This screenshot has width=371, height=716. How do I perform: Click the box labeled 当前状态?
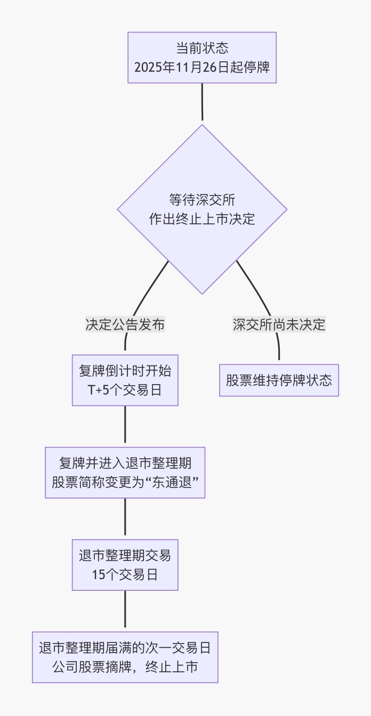(202, 48)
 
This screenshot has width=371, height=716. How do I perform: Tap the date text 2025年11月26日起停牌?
(202, 68)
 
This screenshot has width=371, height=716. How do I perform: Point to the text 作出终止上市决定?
(202, 219)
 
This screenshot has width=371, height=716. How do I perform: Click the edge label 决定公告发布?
(125, 324)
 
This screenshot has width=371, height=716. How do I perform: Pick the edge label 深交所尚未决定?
(279, 324)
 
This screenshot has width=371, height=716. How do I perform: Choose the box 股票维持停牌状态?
(279, 380)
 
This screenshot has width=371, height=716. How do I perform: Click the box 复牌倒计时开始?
(125, 371)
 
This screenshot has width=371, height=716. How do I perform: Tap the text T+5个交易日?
(125, 390)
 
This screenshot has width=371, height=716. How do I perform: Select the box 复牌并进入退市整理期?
(125, 463)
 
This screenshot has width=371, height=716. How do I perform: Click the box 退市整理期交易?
(125, 556)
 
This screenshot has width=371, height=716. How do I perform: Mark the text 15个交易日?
(125, 575)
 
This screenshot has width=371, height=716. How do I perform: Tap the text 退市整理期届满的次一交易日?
(125, 648)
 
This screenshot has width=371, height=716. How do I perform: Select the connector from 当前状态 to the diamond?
(202, 102)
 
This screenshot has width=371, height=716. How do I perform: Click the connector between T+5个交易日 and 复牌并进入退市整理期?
(125, 425)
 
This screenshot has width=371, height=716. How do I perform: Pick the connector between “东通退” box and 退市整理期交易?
(125, 517)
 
